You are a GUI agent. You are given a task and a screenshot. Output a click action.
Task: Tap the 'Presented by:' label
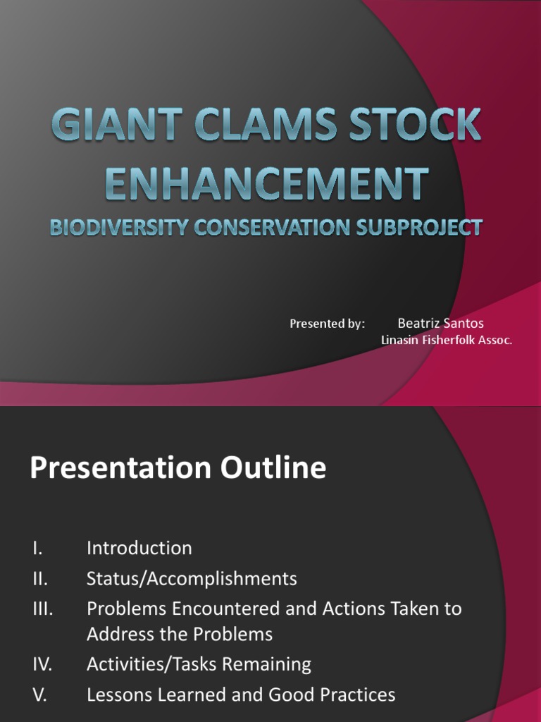[x=327, y=324]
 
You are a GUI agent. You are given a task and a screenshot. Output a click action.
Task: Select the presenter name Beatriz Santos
[x=440, y=324]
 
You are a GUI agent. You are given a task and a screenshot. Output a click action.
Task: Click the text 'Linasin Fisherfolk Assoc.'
[x=446, y=340]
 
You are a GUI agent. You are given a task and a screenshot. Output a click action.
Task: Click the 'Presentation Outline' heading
[x=178, y=468]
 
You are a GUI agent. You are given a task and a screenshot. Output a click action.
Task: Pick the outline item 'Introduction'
[x=139, y=548]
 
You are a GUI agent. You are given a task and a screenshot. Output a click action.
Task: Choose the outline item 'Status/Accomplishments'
[x=192, y=579]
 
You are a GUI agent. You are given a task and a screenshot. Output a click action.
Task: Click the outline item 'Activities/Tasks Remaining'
[x=199, y=664]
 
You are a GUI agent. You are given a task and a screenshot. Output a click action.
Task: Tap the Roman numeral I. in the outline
[x=36, y=548]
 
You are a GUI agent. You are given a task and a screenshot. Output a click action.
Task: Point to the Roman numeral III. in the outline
[x=42, y=608]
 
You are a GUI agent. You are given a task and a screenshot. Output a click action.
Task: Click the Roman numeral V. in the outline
[x=39, y=695]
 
